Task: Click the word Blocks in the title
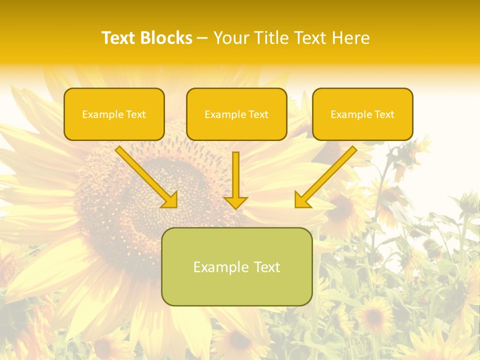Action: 165,38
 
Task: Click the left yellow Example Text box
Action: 114,114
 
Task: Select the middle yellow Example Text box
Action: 236,114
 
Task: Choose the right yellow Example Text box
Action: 362,114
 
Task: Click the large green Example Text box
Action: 236,266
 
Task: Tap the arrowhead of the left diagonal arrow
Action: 170,200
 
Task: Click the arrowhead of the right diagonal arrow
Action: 301,200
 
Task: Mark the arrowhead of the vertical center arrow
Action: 235,202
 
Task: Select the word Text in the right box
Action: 384,114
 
